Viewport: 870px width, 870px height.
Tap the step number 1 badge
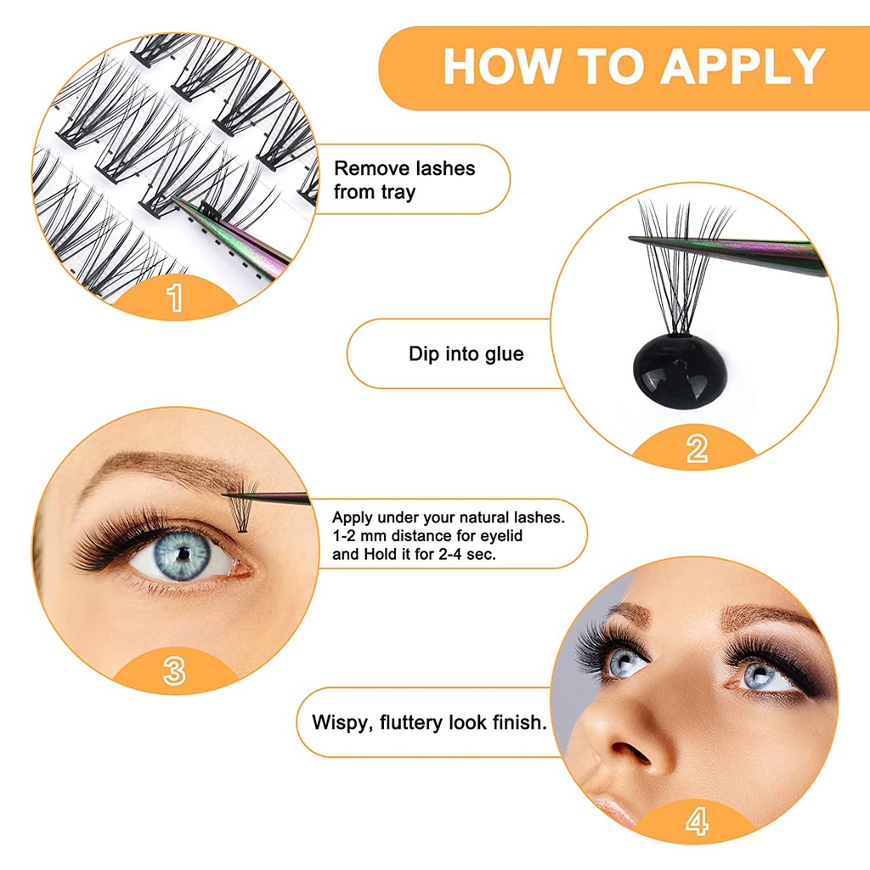[x=175, y=297]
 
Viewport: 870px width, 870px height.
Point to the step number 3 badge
[x=174, y=671]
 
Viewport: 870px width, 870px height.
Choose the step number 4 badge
[x=697, y=822]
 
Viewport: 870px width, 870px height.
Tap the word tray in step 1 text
[x=398, y=193]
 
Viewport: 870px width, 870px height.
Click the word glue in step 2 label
[x=504, y=354]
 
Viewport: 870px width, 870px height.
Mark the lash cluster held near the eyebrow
[x=244, y=508]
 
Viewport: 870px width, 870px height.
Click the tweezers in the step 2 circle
[x=727, y=251]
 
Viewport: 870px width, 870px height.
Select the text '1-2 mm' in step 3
[x=359, y=535]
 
